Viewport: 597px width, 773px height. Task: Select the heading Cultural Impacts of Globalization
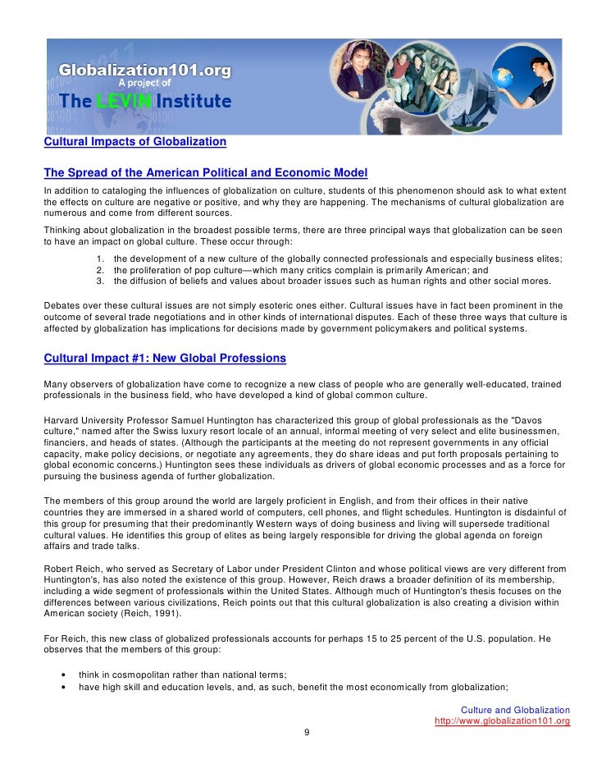coord(134,141)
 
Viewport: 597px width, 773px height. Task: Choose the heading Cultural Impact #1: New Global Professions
coord(164,358)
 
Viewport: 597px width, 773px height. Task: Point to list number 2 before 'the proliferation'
coord(100,270)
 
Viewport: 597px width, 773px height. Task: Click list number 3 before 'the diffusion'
coord(100,281)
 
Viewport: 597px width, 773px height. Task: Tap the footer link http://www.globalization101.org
coord(502,721)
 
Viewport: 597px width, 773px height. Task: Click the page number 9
coord(307,734)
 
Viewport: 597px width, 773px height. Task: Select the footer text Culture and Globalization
coord(515,710)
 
